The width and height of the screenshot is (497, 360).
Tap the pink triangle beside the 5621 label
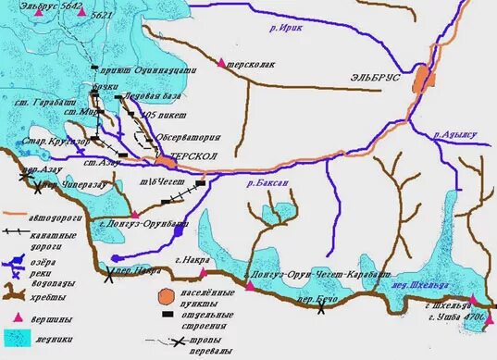pos(95,15)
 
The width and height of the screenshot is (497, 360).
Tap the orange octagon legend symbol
pos(165,295)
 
